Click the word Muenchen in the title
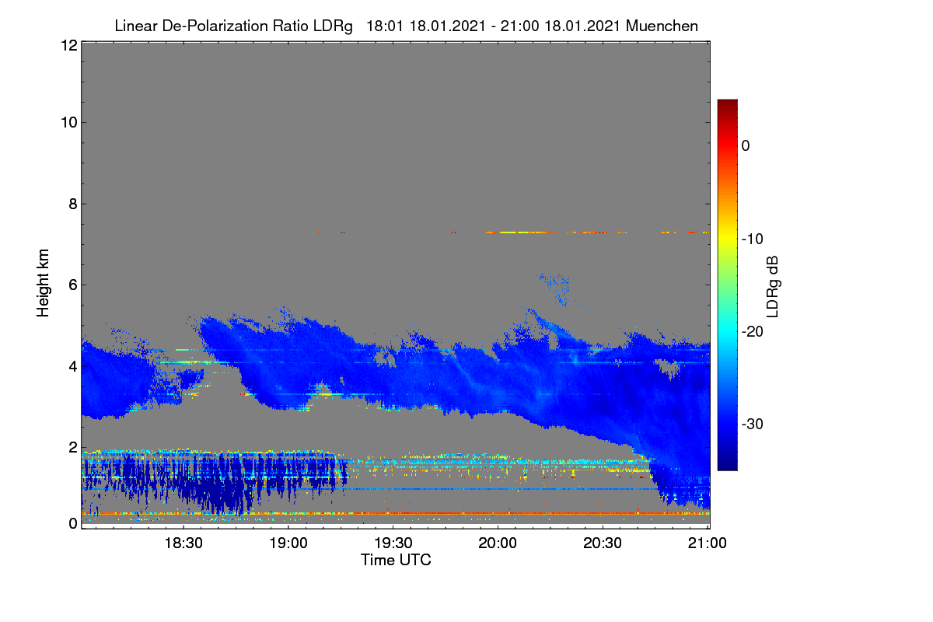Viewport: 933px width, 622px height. coord(662,26)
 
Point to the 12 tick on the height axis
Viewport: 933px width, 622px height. coord(69,45)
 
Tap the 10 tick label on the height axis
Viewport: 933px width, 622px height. coord(69,123)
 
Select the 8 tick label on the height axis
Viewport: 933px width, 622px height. coord(73,204)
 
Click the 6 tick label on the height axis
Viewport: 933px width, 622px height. coord(73,285)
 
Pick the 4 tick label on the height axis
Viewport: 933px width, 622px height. coord(73,367)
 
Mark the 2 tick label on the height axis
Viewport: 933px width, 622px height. coord(73,447)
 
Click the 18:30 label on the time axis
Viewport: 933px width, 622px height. coord(183,543)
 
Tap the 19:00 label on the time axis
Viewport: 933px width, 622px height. coord(288,543)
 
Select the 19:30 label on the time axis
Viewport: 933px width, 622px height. coord(393,543)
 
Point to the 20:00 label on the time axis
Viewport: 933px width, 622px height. coord(498,543)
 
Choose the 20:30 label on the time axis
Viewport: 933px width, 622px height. coord(603,543)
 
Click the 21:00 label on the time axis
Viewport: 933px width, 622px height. coord(708,543)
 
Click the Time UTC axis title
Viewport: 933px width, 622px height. coord(396,560)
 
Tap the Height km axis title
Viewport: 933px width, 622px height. coord(43,283)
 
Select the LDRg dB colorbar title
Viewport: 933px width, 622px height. coord(773,287)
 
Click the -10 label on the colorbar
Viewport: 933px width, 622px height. coord(753,239)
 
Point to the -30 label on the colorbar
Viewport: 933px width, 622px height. coord(753,424)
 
